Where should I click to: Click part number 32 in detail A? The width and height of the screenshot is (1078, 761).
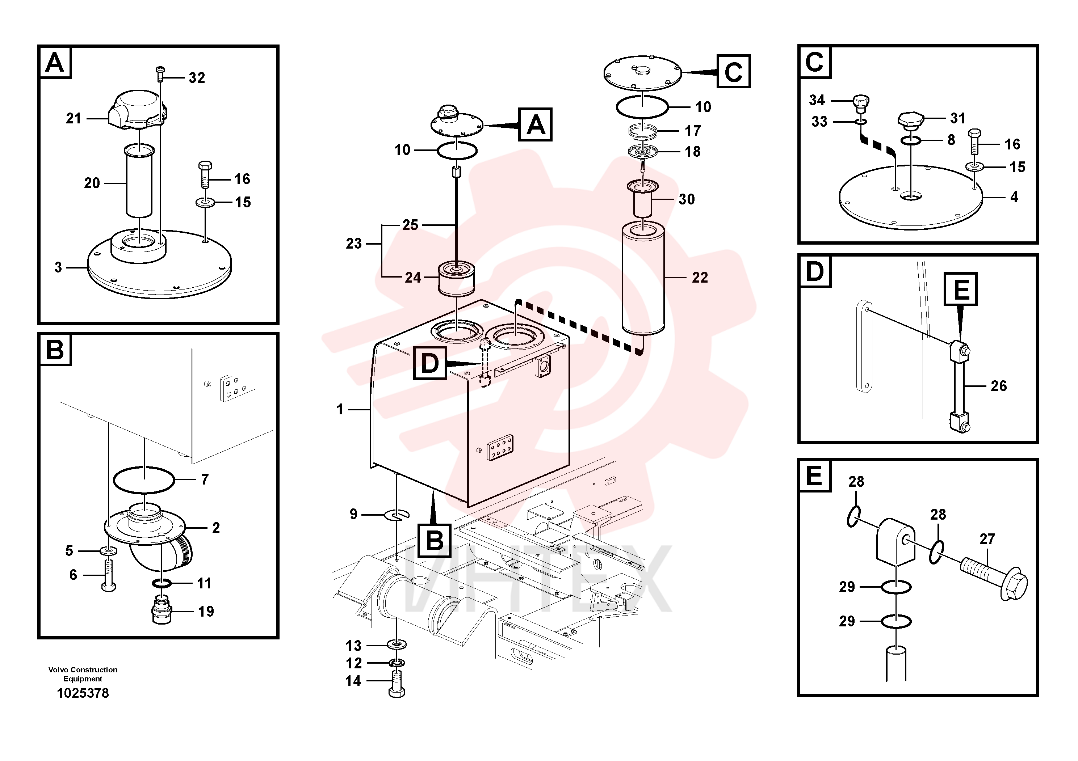tap(197, 77)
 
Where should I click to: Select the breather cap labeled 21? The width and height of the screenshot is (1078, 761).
tap(138, 111)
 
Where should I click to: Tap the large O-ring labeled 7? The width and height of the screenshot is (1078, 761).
tap(144, 480)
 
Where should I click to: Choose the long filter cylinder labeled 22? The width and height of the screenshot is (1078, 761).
tap(643, 279)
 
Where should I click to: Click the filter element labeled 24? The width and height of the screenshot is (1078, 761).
tap(456, 279)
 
